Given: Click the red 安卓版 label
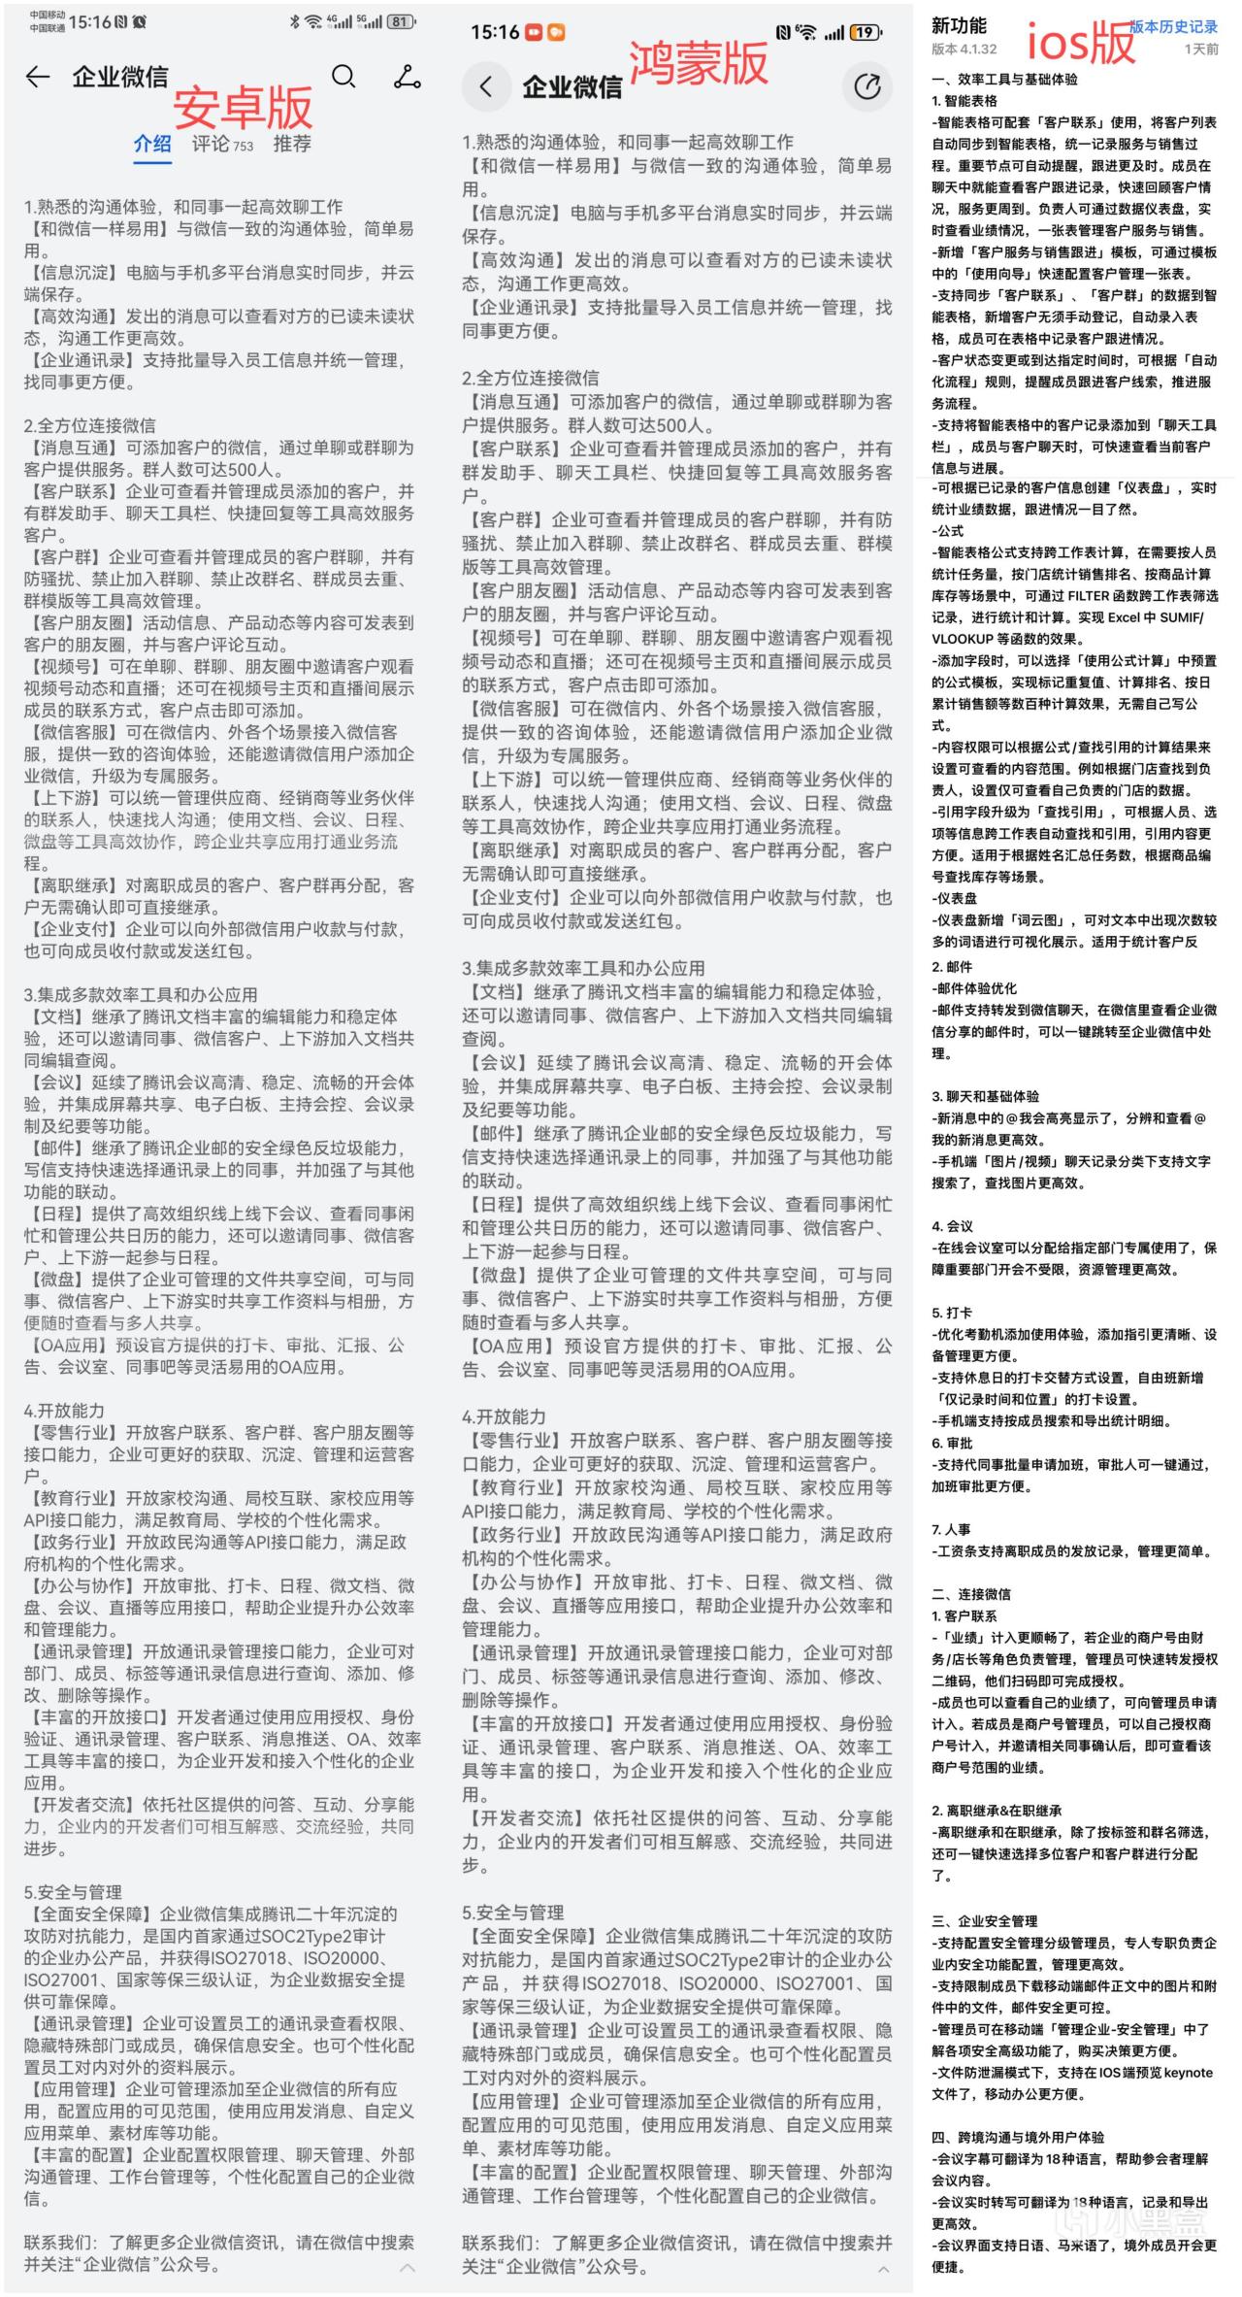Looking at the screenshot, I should (x=243, y=108).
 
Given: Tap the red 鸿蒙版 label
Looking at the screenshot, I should (x=699, y=64).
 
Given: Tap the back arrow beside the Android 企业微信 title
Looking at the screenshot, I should (x=37, y=78).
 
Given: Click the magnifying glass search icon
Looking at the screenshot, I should (x=343, y=77).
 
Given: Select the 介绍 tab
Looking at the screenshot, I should (x=152, y=144).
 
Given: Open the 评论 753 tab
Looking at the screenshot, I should (x=222, y=144).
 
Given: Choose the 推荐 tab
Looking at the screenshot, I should (x=292, y=144).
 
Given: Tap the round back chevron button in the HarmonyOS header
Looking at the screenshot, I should (x=486, y=86).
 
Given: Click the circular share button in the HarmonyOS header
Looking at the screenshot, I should (x=866, y=86).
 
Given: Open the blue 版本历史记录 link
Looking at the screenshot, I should (x=1173, y=26).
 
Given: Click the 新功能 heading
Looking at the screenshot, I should (x=959, y=26).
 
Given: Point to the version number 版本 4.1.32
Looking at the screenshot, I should (x=964, y=49).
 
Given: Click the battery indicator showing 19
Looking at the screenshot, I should (x=865, y=33).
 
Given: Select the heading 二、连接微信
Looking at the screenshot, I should (x=971, y=1594).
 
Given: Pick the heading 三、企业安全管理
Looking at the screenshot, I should (x=985, y=1920).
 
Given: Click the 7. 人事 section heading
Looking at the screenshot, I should (x=951, y=1529).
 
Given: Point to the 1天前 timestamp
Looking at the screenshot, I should (x=1201, y=49).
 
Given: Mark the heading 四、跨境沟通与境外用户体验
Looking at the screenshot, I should (x=1018, y=2137).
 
